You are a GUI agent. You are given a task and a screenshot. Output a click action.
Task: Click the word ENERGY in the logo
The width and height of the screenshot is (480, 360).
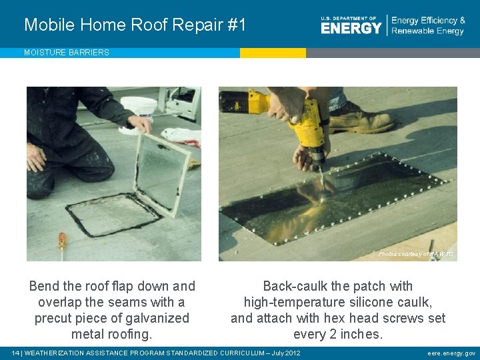351,27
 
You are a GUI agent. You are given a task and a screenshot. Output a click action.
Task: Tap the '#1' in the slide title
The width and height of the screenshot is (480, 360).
237,25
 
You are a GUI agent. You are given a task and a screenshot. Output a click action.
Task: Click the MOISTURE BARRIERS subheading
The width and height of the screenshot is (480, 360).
67,53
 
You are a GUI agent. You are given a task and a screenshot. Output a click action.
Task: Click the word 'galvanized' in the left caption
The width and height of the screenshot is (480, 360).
156,318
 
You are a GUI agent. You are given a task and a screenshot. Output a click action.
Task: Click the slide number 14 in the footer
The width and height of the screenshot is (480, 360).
16,353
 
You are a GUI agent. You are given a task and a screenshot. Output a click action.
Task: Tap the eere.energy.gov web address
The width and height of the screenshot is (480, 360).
451,353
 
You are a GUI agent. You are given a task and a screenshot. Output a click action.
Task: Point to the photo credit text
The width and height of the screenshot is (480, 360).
415,254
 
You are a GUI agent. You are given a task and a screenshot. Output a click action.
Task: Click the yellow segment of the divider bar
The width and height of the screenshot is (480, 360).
273,53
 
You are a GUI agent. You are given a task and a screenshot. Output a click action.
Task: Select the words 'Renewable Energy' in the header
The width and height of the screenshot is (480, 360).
427,31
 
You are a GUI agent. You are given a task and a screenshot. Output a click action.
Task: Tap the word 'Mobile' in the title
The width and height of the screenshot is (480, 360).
49,25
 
